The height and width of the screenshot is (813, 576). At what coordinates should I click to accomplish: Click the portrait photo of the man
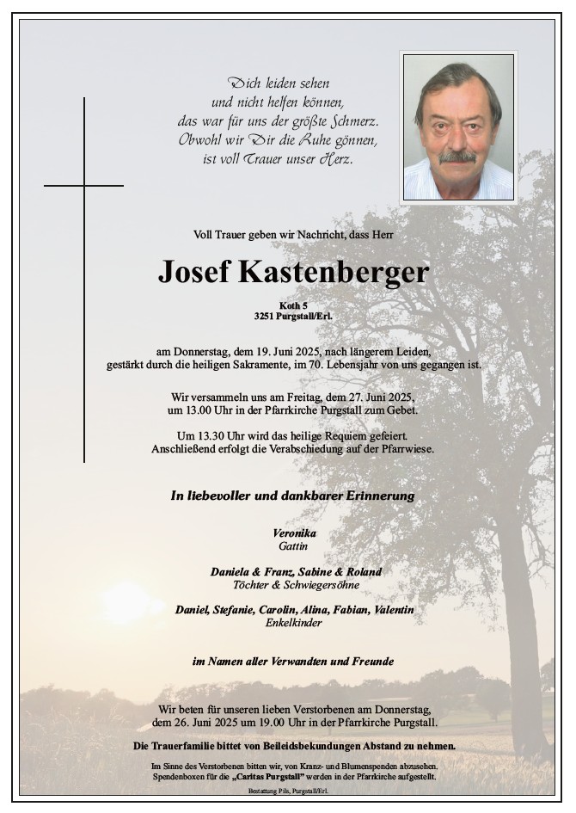(x=457, y=126)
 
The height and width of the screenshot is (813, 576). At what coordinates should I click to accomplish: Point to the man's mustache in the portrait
(x=457, y=157)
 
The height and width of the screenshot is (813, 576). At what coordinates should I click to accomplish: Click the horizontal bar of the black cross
(x=83, y=185)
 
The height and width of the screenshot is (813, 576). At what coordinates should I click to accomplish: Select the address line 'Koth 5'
(x=293, y=305)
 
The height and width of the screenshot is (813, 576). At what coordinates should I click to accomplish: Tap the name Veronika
(x=294, y=533)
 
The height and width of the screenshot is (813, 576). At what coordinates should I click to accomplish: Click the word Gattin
(x=293, y=545)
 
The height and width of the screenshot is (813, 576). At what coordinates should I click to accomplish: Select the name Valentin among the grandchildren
(x=392, y=610)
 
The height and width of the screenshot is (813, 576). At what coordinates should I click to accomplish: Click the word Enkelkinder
(x=294, y=623)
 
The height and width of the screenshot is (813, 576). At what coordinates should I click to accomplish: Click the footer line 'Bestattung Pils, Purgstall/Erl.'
(x=293, y=790)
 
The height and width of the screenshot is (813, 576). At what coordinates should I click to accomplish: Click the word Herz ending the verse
(x=336, y=159)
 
